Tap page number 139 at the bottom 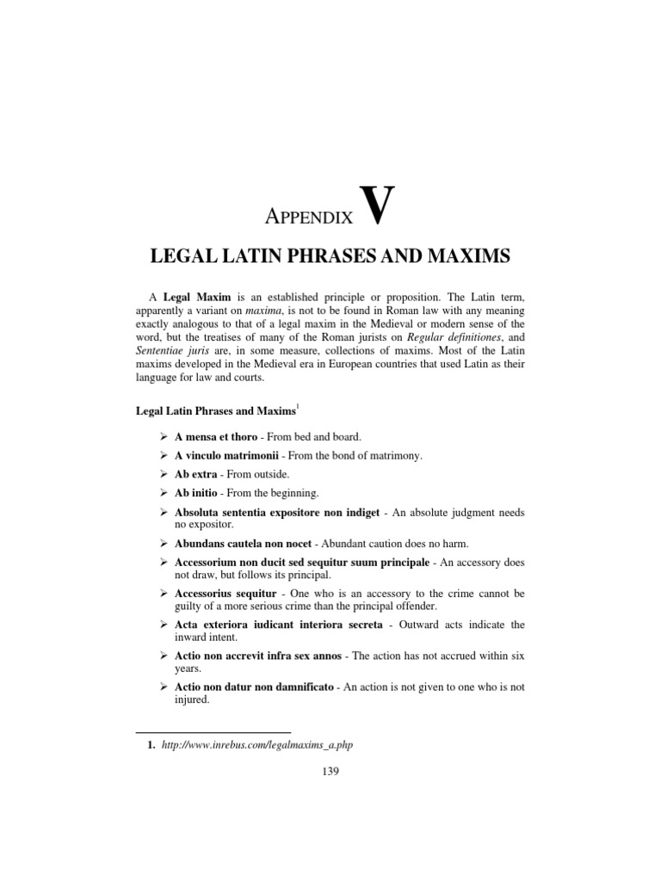[x=330, y=771]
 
